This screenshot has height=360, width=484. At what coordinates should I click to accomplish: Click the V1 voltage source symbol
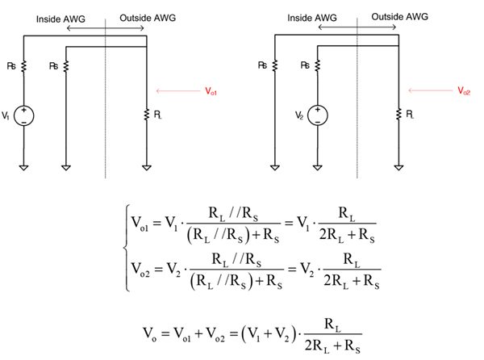click(24, 115)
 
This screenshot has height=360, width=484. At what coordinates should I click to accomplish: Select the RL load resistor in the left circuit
click(146, 115)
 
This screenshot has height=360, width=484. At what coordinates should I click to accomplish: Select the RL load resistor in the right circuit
click(398, 115)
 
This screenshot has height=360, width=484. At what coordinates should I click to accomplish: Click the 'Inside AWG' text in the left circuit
click(64, 16)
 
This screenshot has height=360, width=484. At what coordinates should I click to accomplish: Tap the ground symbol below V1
click(24, 168)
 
